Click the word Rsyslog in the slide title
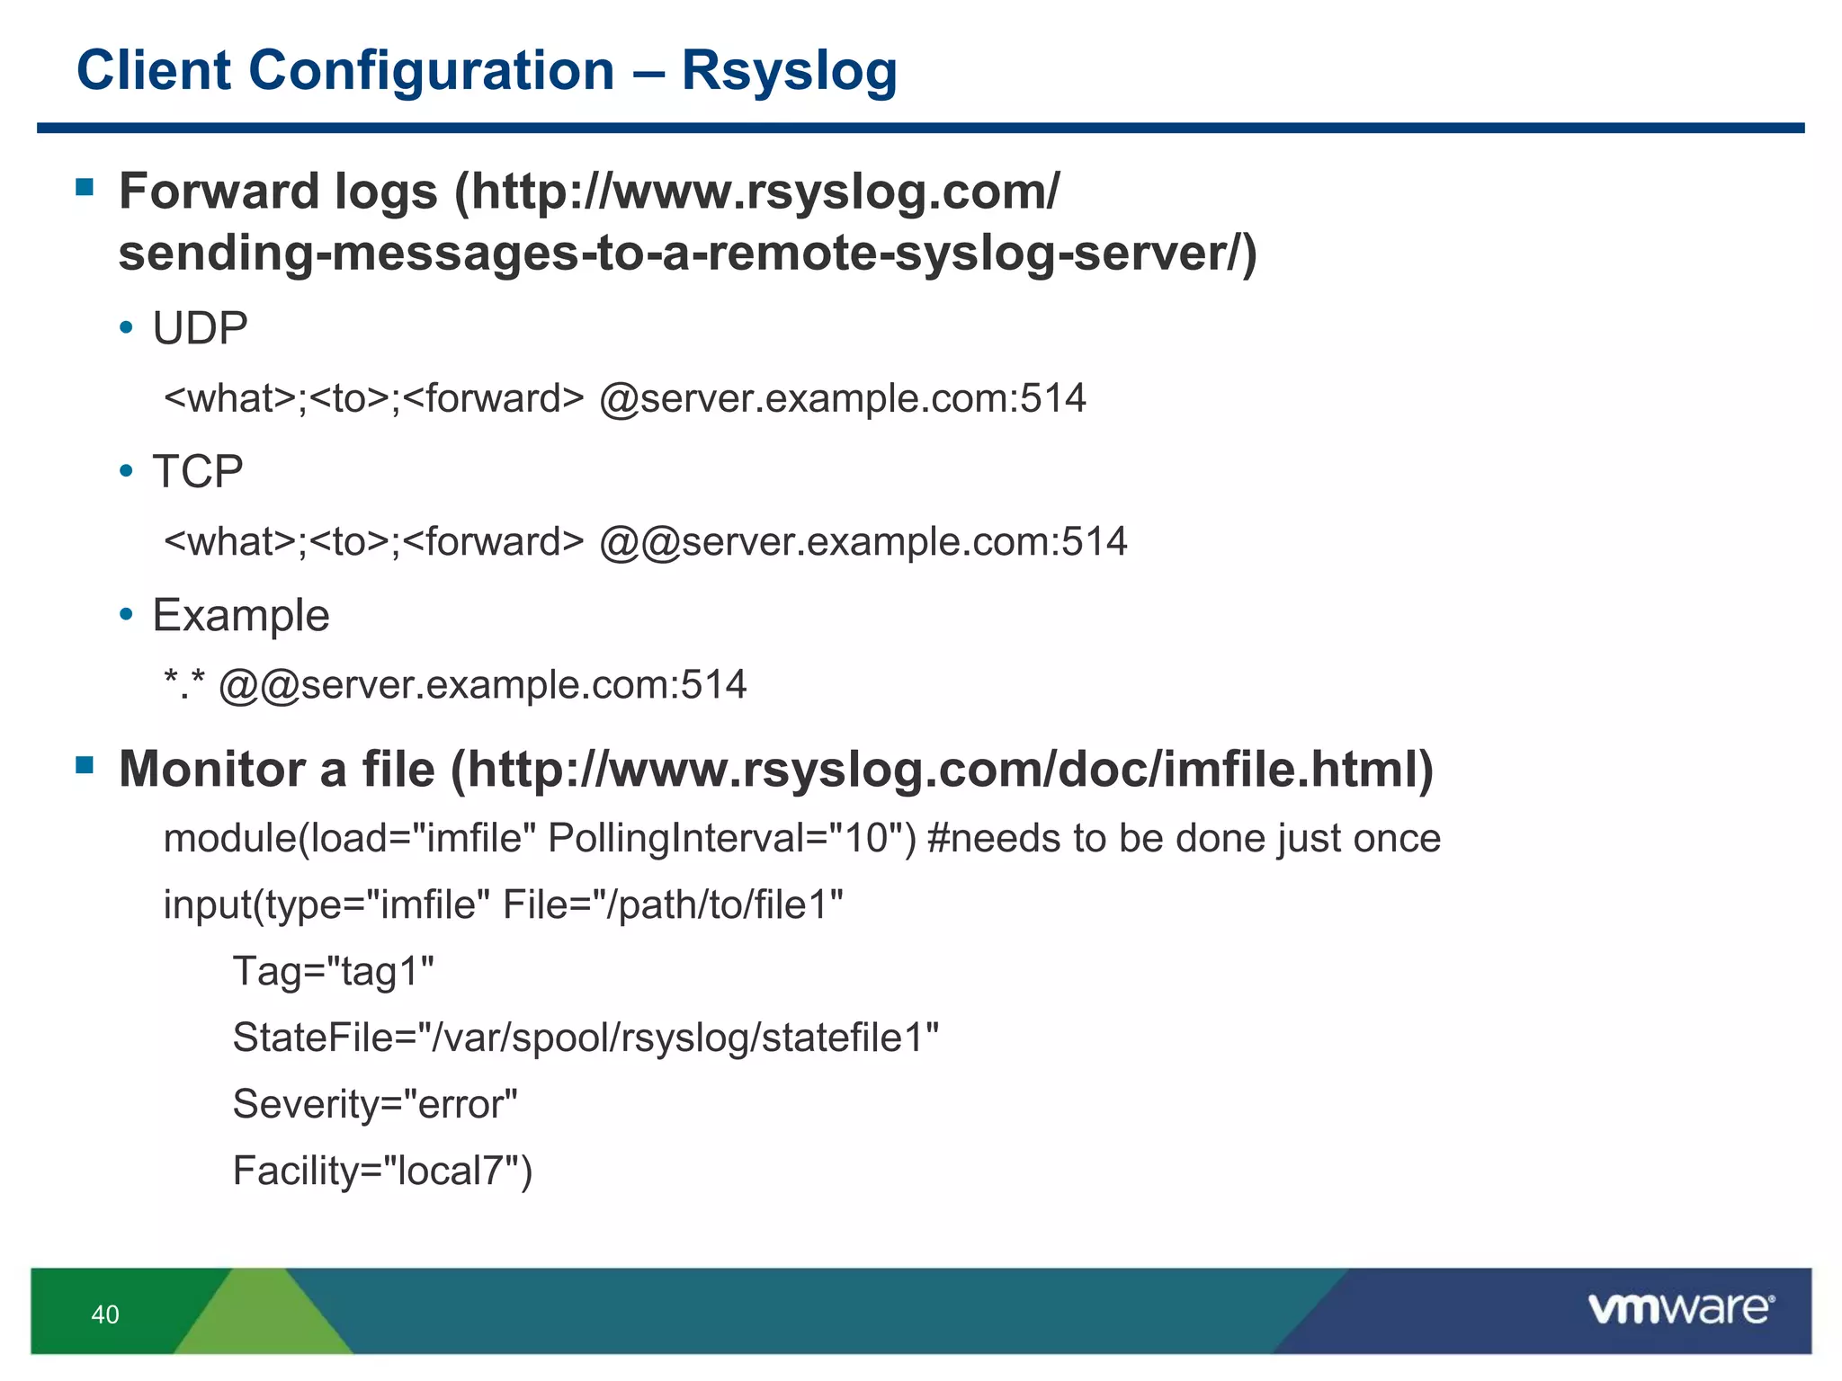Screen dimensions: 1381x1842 (x=789, y=71)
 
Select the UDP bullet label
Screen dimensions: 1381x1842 (x=200, y=328)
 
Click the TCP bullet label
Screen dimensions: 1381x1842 (x=198, y=472)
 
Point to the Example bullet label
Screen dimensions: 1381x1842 (x=241, y=616)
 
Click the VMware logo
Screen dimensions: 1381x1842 (x=1680, y=1309)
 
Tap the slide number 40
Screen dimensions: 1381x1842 (x=105, y=1314)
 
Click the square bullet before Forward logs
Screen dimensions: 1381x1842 (x=85, y=187)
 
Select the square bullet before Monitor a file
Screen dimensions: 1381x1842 (x=85, y=765)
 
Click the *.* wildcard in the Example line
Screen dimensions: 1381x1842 (x=184, y=685)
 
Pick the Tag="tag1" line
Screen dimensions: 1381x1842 (x=333, y=972)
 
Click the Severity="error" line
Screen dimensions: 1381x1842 (x=375, y=1104)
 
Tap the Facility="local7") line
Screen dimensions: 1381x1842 (x=382, y=1171)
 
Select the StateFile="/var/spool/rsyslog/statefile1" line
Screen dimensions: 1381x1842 (x=586, y=1038)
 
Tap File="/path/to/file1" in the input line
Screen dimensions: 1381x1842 (x=673, y=905)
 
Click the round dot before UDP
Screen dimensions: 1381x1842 (x=127, y=327)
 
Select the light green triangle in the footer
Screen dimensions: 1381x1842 (x=263, y=1317)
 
